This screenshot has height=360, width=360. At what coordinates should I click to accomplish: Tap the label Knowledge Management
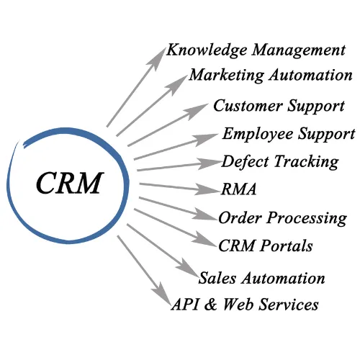coord(256,50)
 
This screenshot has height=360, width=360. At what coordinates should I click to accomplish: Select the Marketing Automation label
coord(271,75)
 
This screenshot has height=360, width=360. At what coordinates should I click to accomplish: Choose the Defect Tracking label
coord(280,161)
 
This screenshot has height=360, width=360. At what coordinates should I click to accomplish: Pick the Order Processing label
coord(282,217)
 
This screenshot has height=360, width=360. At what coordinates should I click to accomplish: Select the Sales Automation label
coord(262,278)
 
